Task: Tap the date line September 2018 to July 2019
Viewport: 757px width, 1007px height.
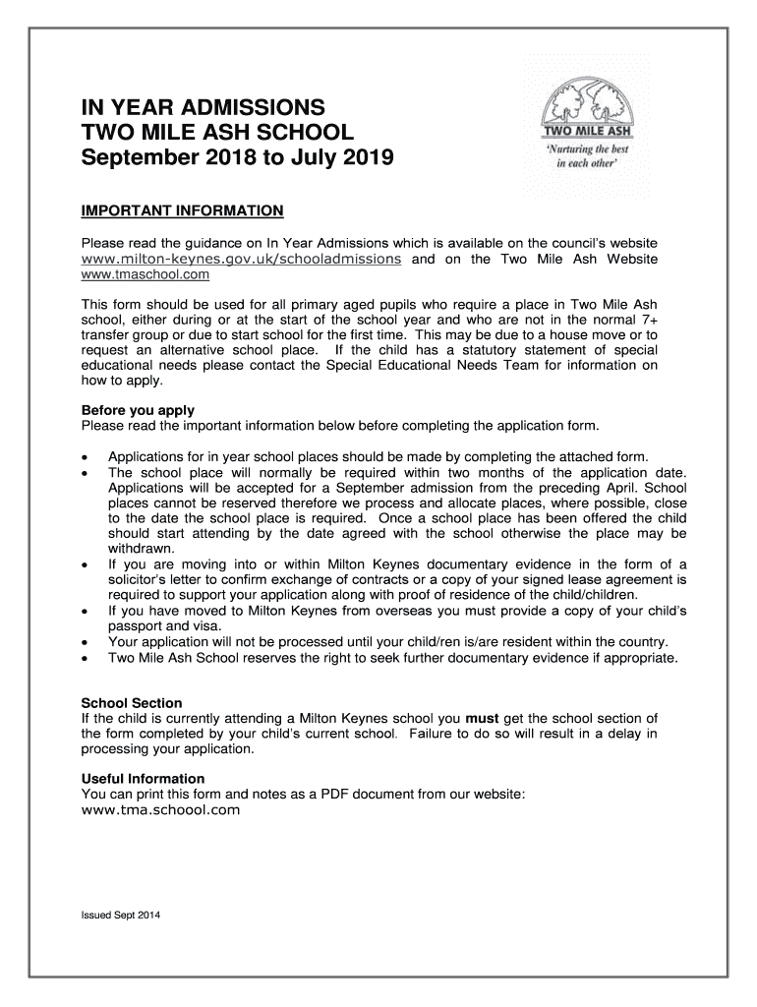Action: [236, 157]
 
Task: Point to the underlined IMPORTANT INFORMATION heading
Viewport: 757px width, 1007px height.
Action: [182, 210]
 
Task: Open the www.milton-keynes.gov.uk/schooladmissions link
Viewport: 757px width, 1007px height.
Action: [241, 259]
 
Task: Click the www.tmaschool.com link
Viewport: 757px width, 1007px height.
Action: [145, 274]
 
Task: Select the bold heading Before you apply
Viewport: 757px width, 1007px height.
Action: [138, 410]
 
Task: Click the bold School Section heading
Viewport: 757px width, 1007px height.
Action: [131, 703]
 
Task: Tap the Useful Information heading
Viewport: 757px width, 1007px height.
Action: [143, 779]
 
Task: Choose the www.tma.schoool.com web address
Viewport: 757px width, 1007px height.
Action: [160, 810]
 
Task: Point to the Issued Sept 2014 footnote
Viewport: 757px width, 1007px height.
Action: [121, 917]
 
